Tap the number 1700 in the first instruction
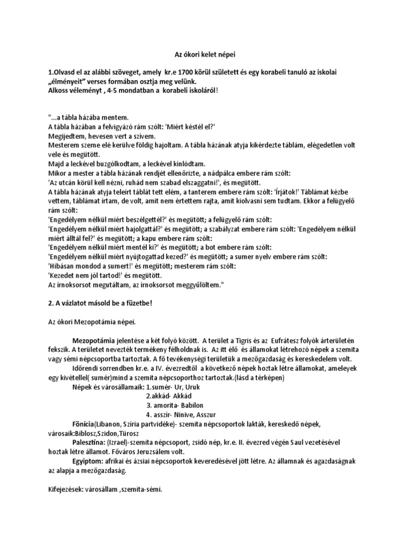tap(200, 72)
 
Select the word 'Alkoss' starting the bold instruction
tap(52, 90)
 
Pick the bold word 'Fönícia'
tap(85, 423)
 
